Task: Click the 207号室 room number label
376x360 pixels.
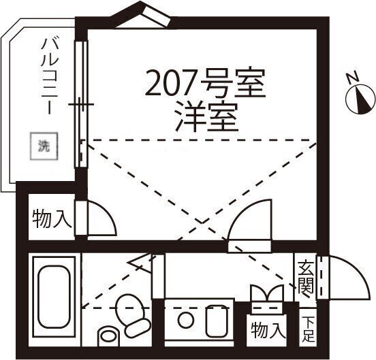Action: [x=206, y=82]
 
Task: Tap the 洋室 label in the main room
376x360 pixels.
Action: [x=206, y=118]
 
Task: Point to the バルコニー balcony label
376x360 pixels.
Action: [x=50, y=76]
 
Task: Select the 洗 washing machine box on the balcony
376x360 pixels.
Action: [x=44, y=146]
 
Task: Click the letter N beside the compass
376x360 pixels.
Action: [x=353, y=78]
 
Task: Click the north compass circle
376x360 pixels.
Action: [x=360, y=99]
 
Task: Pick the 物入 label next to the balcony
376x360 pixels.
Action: [x=52, y=218]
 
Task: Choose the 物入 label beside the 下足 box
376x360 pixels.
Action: [x=268, y=330]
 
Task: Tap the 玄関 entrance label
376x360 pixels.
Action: [x=306, y=278]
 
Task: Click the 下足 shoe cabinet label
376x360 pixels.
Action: [x=308, y=329]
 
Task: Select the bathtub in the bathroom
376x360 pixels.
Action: [x=54, y=297]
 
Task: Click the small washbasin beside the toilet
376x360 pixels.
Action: [x=108, y=336]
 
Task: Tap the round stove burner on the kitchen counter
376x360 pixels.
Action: [x=185, y=321]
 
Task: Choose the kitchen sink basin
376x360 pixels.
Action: [x=217, y=321]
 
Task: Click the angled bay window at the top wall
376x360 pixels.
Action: [x=142, y=15]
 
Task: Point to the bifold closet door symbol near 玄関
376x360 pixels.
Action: [x=266, y=293]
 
